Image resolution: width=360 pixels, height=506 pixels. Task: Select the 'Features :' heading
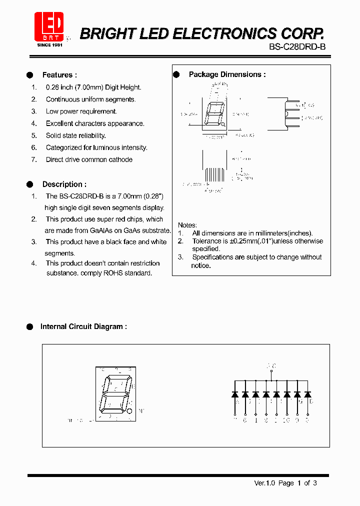tap(59, 75)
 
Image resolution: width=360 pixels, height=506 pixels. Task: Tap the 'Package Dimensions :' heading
tap(227, 74)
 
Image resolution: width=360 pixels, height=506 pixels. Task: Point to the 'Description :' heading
tap(64, 184)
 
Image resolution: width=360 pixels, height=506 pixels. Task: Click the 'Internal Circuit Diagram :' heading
tap(83, 326)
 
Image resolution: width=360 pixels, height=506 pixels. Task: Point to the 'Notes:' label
tap(187, 225)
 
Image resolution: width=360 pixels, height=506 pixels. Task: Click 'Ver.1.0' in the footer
tap(264, 482)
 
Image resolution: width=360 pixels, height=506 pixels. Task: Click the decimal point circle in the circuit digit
tap(129, 411)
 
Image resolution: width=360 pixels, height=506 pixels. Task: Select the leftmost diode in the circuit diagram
tap(235, 394)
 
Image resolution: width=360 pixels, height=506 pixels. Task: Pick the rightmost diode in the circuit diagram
tap(307, 394)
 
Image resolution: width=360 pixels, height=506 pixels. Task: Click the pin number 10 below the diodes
tap(286, 420)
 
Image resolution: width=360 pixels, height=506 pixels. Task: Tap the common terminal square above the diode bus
tap(271, 371)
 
